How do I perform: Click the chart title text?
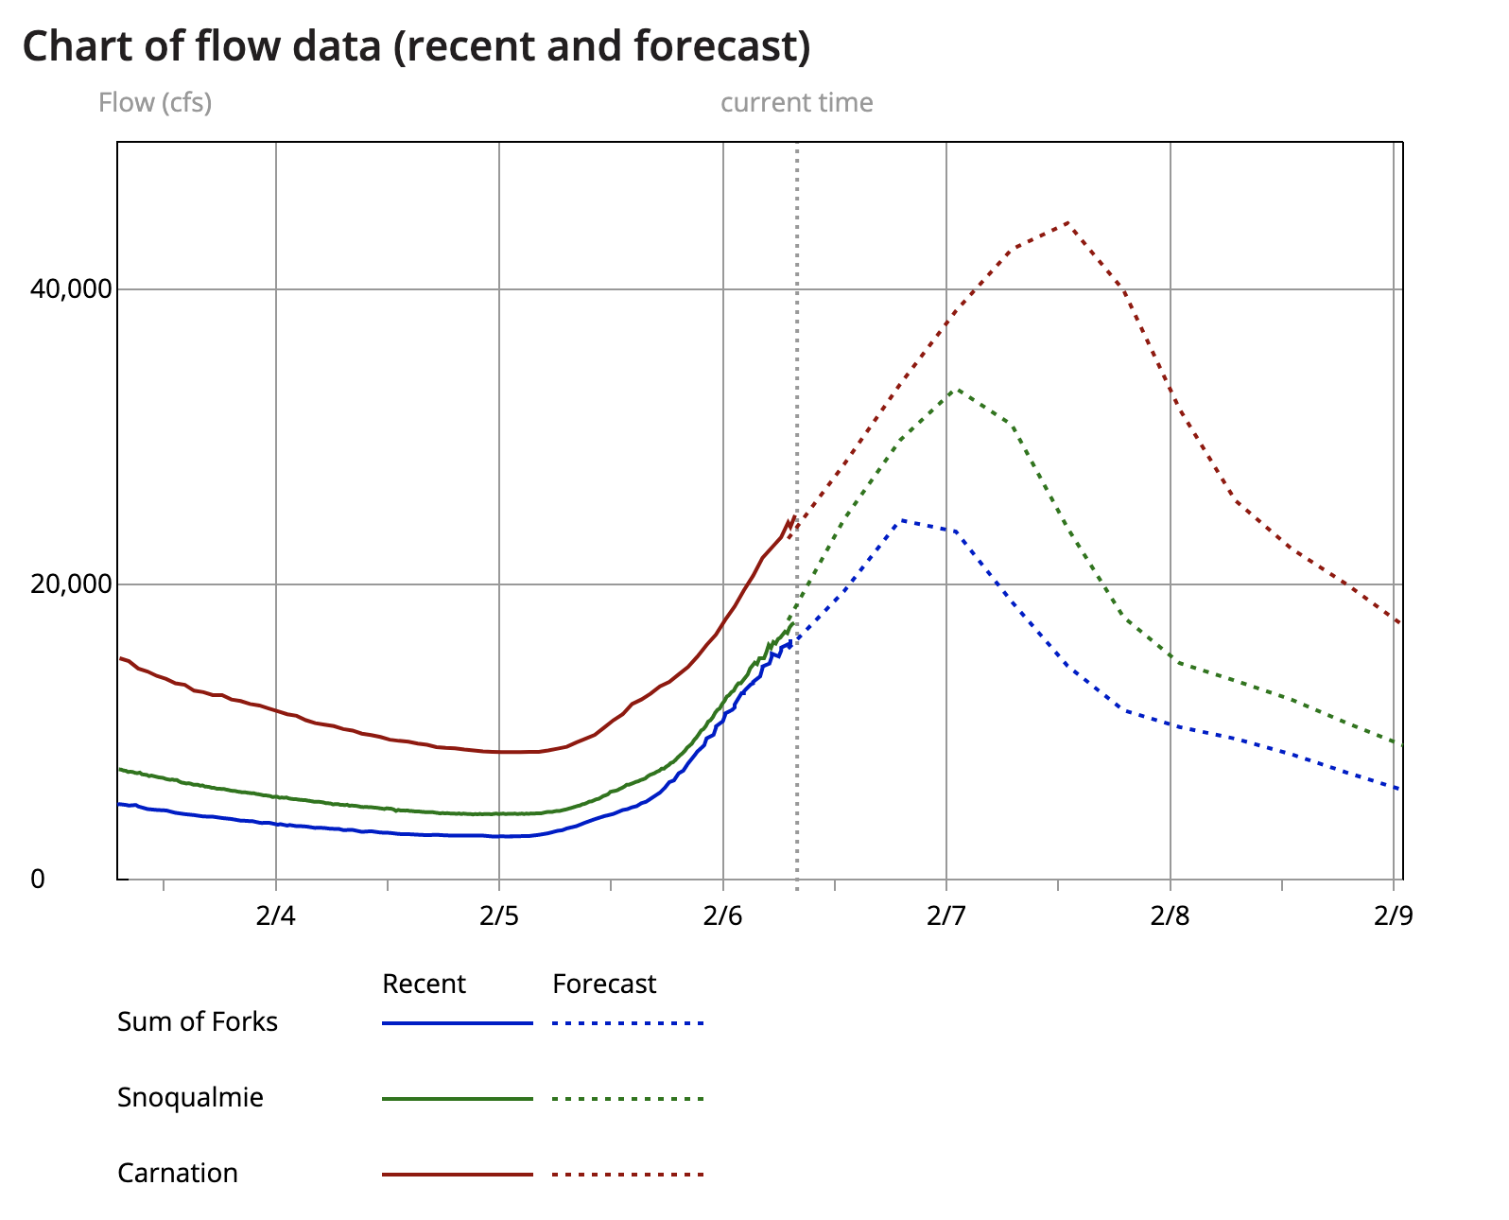click(416, 45)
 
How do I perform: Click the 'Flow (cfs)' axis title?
click(155, 102)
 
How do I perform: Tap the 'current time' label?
click(796, 102)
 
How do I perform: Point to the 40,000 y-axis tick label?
click(71, 288)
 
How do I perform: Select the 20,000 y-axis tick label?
click(71, 584)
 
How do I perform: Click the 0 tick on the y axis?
click(38, 879)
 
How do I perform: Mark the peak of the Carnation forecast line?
click(1067, 223)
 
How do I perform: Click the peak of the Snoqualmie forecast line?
click(958, 389)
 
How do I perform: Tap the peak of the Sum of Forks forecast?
click(903, 520)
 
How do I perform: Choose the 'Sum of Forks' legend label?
click(198, 1021)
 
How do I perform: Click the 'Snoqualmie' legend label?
click(190, 1097)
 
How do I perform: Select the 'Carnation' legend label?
click(178, 1173)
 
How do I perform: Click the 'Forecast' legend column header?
click(604, 984)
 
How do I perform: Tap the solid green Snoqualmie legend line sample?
click(458, 1099)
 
